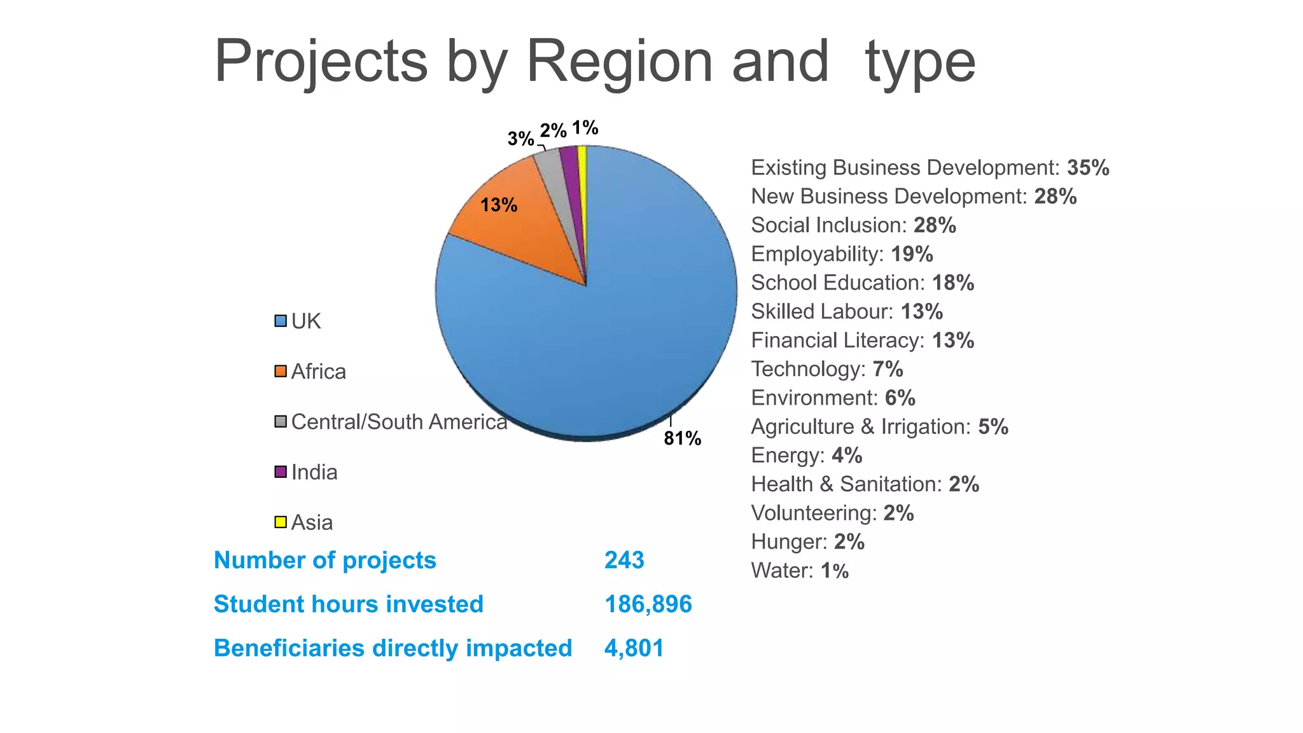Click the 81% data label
682,438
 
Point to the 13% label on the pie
499,206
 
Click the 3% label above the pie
520,139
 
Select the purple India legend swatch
281,472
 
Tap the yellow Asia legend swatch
281,522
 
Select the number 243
624,561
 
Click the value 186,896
648,604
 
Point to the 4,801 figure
634,648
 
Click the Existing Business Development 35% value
1088,168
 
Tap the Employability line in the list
841,255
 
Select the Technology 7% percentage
888,370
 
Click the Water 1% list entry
799,571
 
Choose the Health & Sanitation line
864,485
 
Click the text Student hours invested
348,604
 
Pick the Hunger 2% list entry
807,542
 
